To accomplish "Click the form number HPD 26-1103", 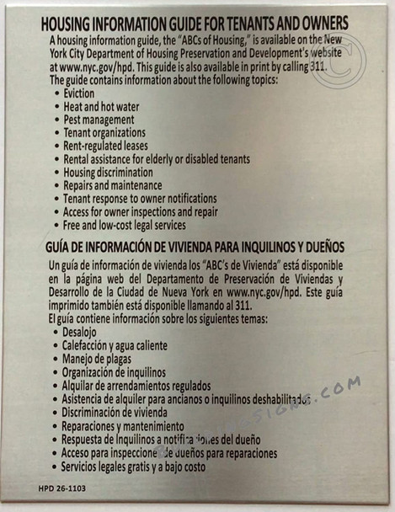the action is click(x=61, y=488).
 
